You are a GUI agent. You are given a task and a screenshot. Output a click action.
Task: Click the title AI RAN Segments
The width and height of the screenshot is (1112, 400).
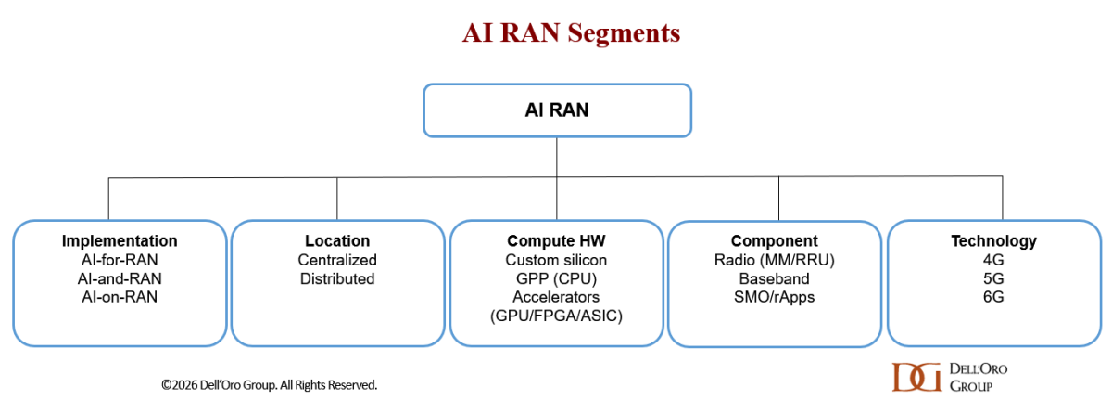571,34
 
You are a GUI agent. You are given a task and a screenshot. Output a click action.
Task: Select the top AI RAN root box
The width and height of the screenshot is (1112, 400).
557,110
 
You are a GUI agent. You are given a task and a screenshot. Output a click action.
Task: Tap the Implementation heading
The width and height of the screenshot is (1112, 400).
120,241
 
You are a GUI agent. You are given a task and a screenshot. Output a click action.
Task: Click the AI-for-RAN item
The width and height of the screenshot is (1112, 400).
120,260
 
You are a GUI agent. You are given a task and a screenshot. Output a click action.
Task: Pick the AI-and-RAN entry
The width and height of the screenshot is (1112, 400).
120,278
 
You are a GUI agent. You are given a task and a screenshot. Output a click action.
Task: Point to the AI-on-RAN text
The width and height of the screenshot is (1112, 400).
120,297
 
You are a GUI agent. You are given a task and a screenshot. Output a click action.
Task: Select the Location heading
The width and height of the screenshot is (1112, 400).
337,241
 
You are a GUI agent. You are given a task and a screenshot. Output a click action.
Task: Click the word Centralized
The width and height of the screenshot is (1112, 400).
337,260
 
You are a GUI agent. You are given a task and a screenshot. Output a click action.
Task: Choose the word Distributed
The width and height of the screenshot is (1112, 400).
337,278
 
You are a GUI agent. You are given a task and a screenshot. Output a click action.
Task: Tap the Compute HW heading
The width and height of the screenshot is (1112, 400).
556,241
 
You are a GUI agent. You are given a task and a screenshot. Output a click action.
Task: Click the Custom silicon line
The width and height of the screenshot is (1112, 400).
556,260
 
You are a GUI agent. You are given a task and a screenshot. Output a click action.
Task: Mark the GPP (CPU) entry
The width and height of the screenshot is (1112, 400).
556,278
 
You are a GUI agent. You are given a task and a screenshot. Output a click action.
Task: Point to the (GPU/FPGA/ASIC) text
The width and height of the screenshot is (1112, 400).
556,316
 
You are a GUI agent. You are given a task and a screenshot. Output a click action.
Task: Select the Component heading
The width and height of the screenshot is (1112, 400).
774,241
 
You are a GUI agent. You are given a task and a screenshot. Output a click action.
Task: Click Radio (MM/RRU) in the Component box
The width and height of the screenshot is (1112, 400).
774,260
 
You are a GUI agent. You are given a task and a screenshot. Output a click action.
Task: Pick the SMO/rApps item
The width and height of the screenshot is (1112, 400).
774,297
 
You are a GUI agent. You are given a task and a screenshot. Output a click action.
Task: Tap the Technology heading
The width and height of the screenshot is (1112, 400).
993,241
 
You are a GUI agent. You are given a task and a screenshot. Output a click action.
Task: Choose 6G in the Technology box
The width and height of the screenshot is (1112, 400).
993,297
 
